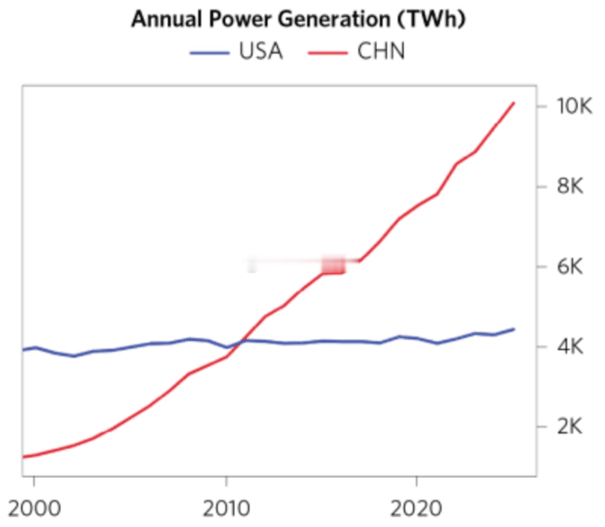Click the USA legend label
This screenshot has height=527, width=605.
[261, 51]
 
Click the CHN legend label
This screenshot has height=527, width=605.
[381, 51]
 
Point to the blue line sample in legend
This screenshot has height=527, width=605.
[209, 53]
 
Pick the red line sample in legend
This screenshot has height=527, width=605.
[328, 53]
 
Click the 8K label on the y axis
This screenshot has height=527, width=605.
[570, 186]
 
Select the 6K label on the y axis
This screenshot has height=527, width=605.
[570, 267]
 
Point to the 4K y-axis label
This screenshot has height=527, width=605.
[570, 347]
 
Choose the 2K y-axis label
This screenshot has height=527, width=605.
[570, 427]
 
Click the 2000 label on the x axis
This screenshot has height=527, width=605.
[34, 509]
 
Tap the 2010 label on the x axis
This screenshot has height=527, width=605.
[226, 509]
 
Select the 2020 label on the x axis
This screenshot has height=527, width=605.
[416, 509]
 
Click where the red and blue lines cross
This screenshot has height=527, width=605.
[241, 342]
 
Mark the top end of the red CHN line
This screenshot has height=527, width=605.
[514, 103]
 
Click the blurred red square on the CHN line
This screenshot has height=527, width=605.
[333, 265]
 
